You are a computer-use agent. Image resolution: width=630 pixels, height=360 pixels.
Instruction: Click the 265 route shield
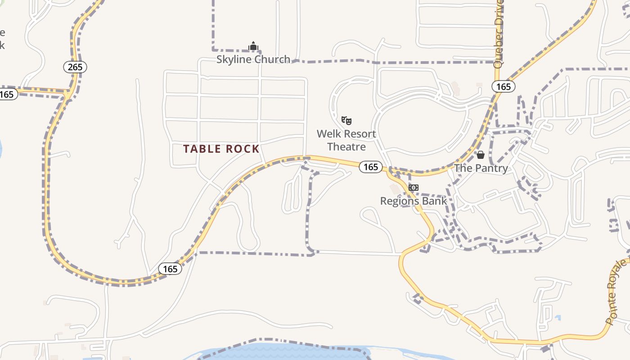tap(75, 67)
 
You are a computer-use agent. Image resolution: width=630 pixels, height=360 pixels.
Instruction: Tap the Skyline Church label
tap(253, 59)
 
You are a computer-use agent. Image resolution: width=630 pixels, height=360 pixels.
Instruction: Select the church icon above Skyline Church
tap(253, 46)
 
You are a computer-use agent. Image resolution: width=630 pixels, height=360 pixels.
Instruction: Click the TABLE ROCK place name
tap(221, 149)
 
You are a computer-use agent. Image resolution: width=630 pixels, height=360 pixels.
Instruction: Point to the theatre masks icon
tap(346, 120)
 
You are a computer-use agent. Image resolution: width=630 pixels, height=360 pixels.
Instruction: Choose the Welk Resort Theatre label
tap(346, 140)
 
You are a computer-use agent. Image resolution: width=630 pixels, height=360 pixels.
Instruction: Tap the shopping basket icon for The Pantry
tap(481, 155)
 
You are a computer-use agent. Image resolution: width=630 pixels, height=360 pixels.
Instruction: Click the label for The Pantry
tap(481, 168)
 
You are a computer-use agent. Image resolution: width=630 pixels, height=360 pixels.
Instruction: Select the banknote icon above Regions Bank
tap(413, 187)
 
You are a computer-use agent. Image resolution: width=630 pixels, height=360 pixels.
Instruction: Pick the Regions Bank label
tap(414, 201)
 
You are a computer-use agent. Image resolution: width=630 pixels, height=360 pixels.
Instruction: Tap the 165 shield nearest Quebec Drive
tap(503, 86)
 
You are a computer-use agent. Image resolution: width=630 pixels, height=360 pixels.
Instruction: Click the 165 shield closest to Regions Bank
tap(370, 167)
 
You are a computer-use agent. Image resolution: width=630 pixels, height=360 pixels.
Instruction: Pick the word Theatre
tap(346, 146)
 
